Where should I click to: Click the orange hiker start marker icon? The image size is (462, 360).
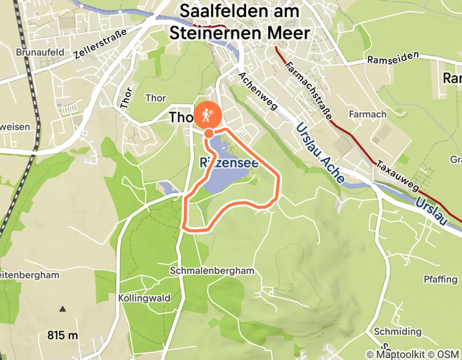[x=207, y=115]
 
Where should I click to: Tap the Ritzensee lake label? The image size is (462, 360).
[x=228, y=164]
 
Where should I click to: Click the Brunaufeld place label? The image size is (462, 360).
[x=40, y=52]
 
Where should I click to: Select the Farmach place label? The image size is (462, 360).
[x=367, y=114]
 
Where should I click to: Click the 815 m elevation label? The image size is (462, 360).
[x=63, y=335]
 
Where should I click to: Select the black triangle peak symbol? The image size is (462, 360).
[x=63, y=309]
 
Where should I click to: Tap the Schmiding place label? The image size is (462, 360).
[x=398, y=331]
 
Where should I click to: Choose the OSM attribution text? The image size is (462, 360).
[x=448, y=354]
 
